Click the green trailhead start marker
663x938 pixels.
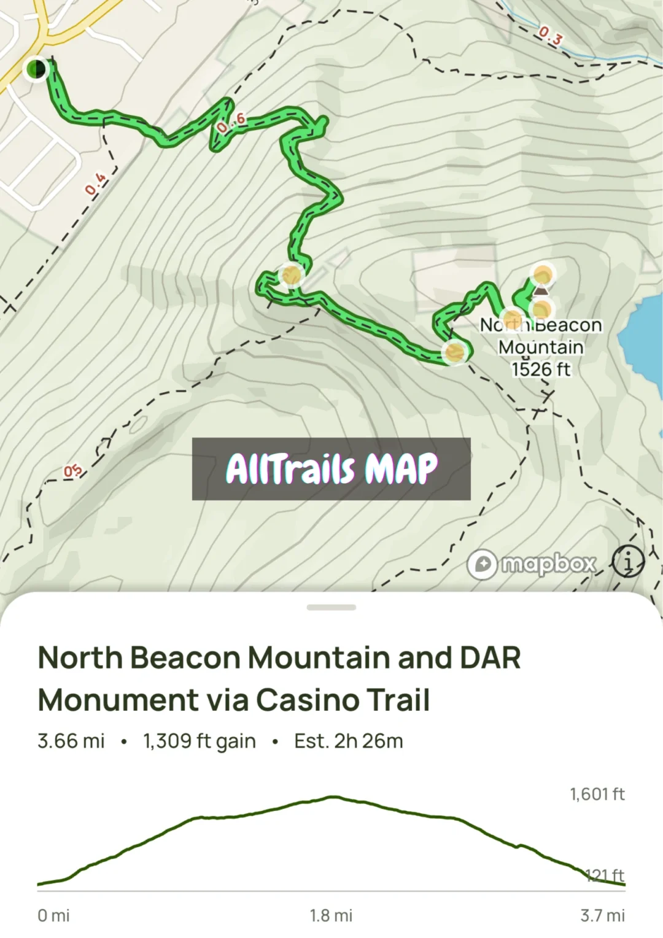click(36, 68)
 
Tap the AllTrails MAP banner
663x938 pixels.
click(331, 469)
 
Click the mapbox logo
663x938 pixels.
click(532, 564)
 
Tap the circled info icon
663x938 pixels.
click(628, 561)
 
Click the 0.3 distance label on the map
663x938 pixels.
click(550, 36)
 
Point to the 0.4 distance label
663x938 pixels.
click(95, 184)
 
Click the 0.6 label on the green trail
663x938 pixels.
click(231, 122)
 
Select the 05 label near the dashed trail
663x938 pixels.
click(72, 471)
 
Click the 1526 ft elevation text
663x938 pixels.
click(541, 369)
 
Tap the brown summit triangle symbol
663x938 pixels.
click(541, 291)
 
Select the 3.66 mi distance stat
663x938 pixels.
click(71, 741)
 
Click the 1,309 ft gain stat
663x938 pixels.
click(200, 741)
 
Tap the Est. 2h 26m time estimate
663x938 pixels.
click(348, 741)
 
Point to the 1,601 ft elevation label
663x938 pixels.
click(597, 794)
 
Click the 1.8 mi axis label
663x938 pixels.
click(331, 915)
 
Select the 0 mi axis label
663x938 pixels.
click(53, 915)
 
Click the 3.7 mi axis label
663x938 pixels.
click(602, 915)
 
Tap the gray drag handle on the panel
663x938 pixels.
click(331, 607)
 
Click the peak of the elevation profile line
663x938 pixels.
click(333, 797)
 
